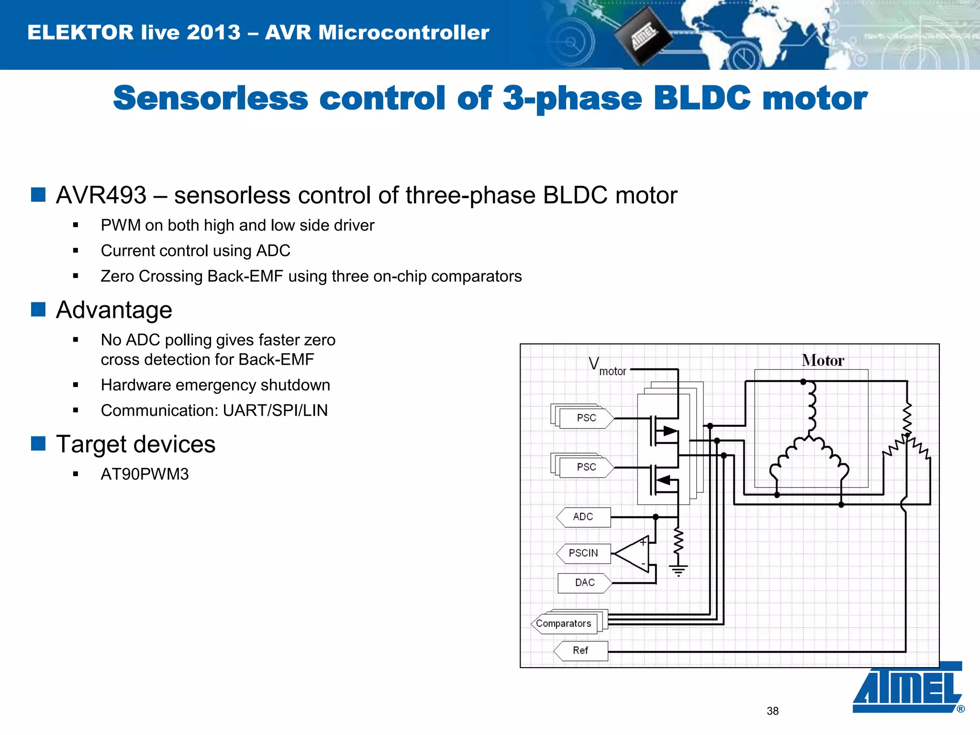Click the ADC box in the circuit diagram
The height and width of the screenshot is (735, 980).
(x=584, y=517)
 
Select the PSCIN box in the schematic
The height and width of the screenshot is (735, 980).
(x=584, y=554)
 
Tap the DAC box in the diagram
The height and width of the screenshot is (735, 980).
(x=585, y=583)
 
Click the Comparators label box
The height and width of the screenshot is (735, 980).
(x=564, y=624)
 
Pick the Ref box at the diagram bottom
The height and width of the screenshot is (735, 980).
(x=580, y=651)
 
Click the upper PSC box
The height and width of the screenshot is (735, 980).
(x=587, y=418)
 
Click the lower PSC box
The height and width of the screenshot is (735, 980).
(x=587, y=468)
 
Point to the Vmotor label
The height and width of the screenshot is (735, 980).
(x=607, y=367)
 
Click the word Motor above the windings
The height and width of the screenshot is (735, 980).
(x=823, y=360)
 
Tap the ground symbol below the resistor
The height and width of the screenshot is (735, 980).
(x=678, y=570)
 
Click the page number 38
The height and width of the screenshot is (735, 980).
(x=772, y=711)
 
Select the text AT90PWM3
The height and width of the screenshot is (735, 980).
(x=145, y=474)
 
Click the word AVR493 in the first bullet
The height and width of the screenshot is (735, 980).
(x=101, y=195)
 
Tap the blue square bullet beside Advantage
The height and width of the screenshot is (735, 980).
(x=38, y=310)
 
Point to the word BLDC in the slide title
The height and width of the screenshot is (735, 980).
(x=702, y=98)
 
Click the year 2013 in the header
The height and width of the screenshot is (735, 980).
(x=213, y=33)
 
